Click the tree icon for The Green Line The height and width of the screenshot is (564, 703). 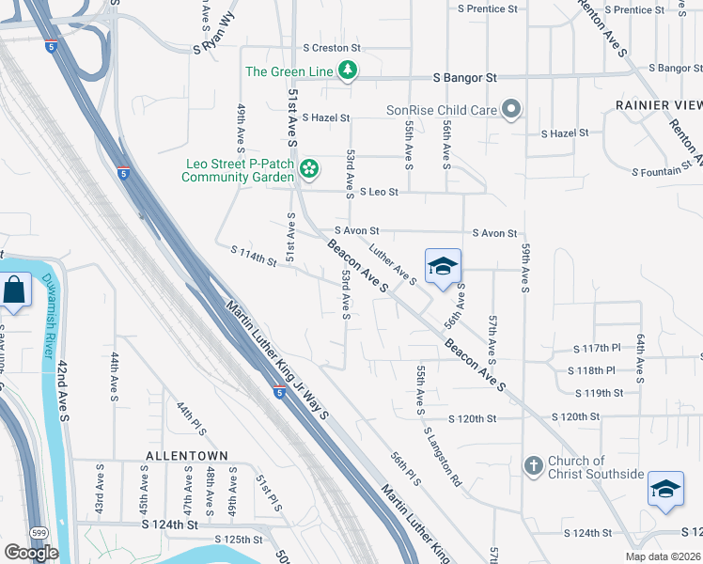point(348,70)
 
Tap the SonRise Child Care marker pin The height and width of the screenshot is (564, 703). point(511,110)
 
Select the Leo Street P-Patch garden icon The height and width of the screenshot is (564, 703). point(309,169)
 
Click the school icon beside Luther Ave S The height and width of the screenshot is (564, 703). point(443,265)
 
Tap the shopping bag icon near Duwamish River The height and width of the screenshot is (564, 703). point(16,291)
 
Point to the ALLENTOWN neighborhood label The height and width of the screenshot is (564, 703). point(187,455)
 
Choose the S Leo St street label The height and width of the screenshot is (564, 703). point(373,192)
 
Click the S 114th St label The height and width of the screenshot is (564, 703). point(254,256)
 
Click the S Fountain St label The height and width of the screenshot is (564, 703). point(666,172)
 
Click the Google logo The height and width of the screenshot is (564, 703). point(31,553)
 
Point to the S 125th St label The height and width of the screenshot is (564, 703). point(239,540)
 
